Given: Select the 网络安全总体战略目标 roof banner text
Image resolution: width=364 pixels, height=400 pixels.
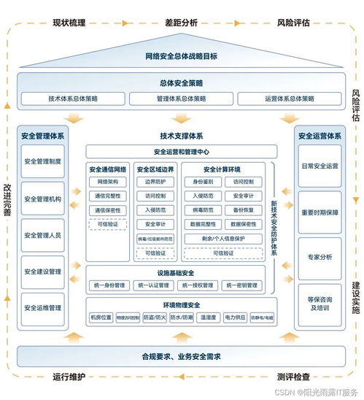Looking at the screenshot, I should [x=182, y=56].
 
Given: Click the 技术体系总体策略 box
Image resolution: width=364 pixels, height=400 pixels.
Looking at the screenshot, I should [x=72, y=99].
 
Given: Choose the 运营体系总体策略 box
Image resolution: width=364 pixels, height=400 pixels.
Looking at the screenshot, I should [x=290, y=99].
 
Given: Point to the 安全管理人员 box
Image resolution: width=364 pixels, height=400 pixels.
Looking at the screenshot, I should [x=43, y=235].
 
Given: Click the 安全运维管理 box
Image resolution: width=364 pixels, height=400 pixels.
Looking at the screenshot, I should [x=43, y=308].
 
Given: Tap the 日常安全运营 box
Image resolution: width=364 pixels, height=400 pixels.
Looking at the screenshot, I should [x=320, y=166].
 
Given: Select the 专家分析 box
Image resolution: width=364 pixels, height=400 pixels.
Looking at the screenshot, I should [x=320, y=257].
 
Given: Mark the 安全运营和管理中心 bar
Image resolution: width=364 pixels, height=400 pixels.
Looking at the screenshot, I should [x=182, y=152].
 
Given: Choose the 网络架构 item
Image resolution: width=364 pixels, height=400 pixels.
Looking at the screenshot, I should [x=107, y=181].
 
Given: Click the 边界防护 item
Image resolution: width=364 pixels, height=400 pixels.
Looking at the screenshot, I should [x=155, y=181].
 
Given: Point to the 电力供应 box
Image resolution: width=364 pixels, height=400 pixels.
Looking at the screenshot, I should [x=235, y=318].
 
